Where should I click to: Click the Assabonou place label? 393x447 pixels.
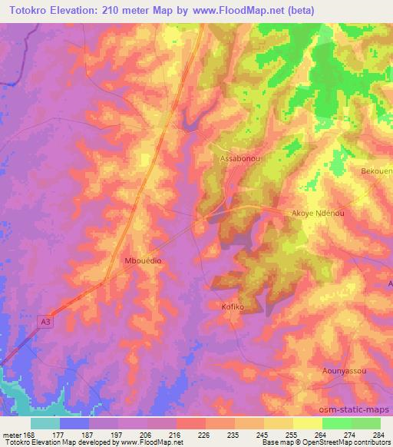(x=237, y=159)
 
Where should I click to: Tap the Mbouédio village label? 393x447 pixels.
(x=142, y=261)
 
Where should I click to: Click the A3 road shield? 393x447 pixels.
(x=47, y=326)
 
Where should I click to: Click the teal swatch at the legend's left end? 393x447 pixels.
(x=45, y=423)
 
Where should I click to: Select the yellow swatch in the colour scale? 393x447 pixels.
(x=307, y=423)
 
